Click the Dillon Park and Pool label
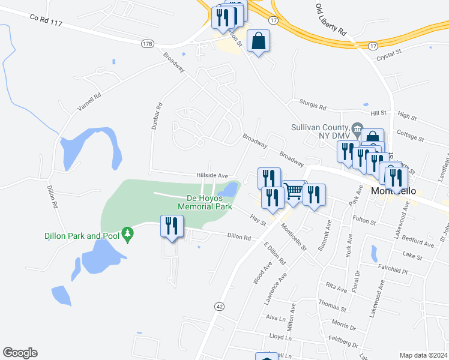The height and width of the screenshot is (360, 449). (82, 236)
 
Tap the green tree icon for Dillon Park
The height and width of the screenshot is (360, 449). (127, 233)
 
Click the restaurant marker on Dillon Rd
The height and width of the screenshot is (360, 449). (172, 227)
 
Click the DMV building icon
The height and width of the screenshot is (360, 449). (357, 127)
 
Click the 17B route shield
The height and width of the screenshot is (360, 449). (148, 44)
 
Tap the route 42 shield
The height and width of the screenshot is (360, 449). (220, 306)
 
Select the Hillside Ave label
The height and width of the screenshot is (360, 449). (212, 175)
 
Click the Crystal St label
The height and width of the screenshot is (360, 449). (388, 54)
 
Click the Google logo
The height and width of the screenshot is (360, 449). (20, 353)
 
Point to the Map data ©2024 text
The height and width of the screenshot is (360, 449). (423, 355)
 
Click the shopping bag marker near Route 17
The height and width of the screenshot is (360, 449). (258, 41)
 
